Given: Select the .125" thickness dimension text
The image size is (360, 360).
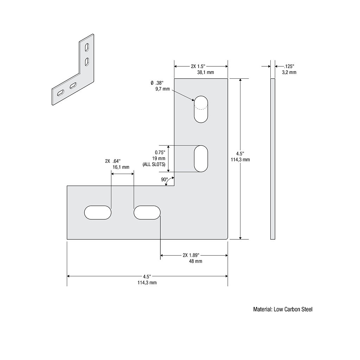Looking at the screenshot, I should [289, 66].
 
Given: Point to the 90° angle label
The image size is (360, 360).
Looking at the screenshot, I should [164, 180].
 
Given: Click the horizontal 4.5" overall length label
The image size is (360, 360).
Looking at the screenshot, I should [147, 276].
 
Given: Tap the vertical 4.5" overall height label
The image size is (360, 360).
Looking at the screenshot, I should [240, 154].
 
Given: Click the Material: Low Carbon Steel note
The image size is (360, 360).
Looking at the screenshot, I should [283, 309].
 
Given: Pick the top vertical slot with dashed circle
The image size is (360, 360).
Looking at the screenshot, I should [201, 109].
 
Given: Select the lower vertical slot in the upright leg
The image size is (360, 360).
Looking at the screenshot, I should [201, 159].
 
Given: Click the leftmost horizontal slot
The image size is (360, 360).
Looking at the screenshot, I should [98, 213].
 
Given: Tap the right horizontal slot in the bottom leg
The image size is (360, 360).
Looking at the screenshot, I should [147, 213].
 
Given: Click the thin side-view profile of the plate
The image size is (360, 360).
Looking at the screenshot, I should [272, 159].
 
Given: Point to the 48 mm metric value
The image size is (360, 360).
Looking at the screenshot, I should [196, 261].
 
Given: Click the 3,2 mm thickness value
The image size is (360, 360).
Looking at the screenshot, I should [289, 72].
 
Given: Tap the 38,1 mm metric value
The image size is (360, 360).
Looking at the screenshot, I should [205, 72].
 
